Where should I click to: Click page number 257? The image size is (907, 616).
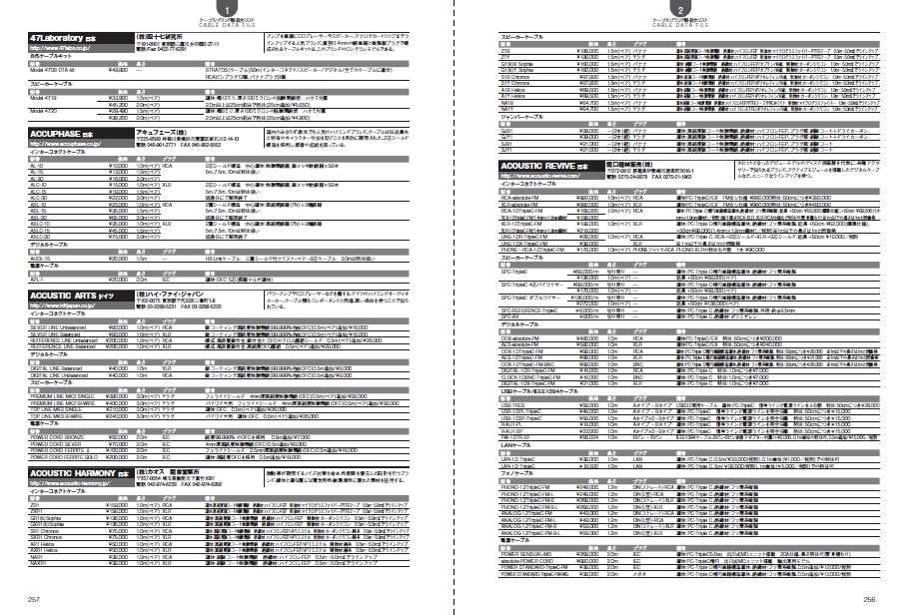pyautogui.click(x=33, y=599)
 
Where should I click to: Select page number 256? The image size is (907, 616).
pyautogui.click(x=869, y=599)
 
